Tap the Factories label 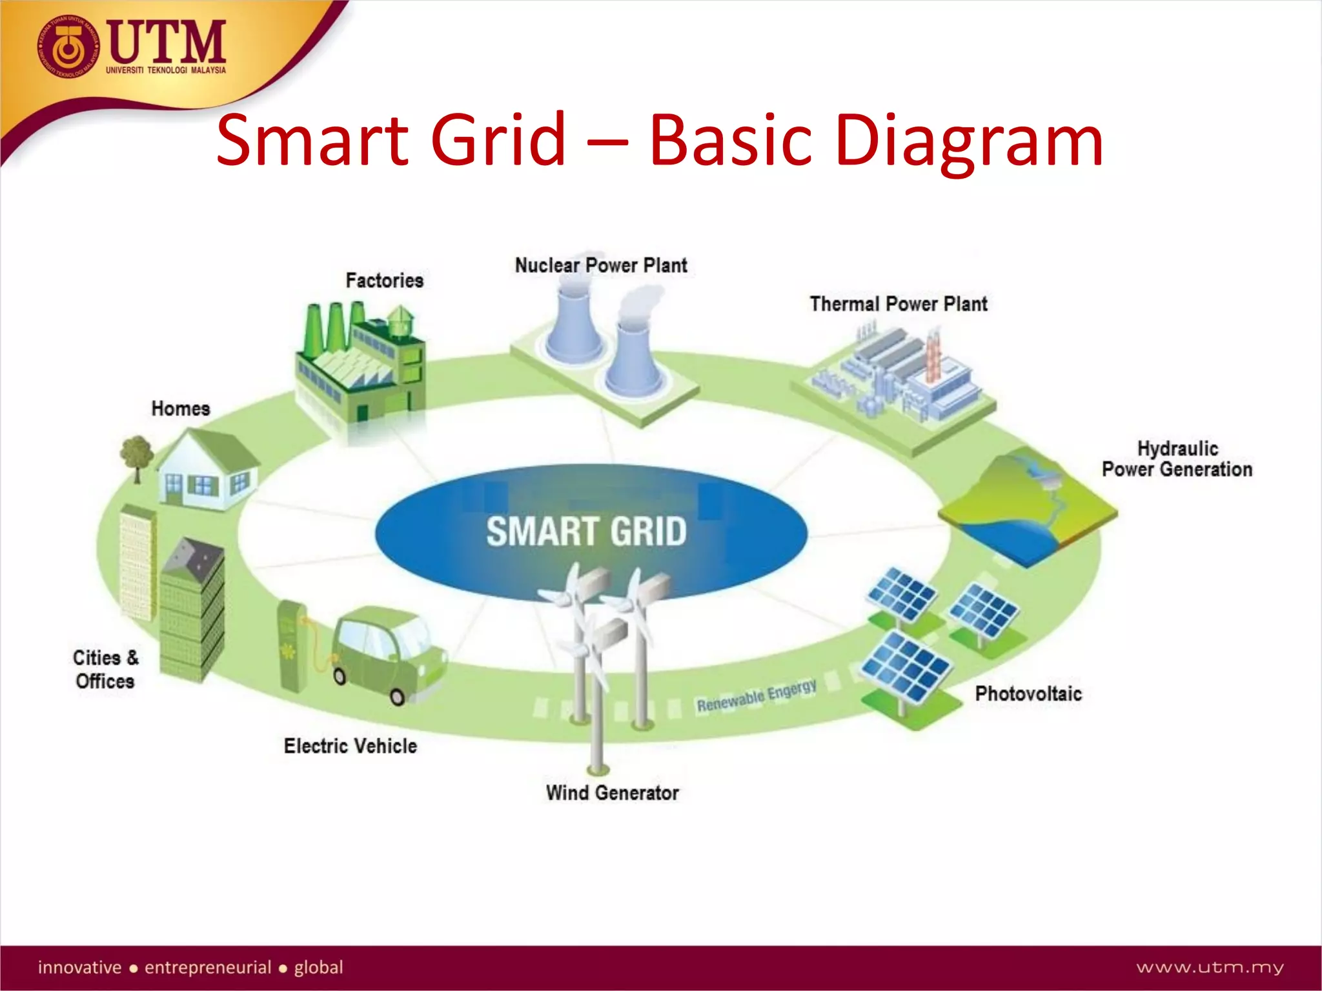(385, 281)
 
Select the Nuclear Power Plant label (600, 265)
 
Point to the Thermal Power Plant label (898, 304)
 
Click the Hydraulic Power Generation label (1177, 459)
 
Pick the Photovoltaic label (1028, 694)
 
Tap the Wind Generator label (612, 793)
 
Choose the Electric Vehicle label (351, 746)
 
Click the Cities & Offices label (105, 670)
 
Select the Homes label (181, 408)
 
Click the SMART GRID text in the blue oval (586, 532)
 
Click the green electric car (387, 652)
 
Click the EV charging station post (291, 645)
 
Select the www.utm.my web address (1210, 967)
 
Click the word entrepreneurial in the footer (208, 967)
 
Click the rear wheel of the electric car (340, 676)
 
